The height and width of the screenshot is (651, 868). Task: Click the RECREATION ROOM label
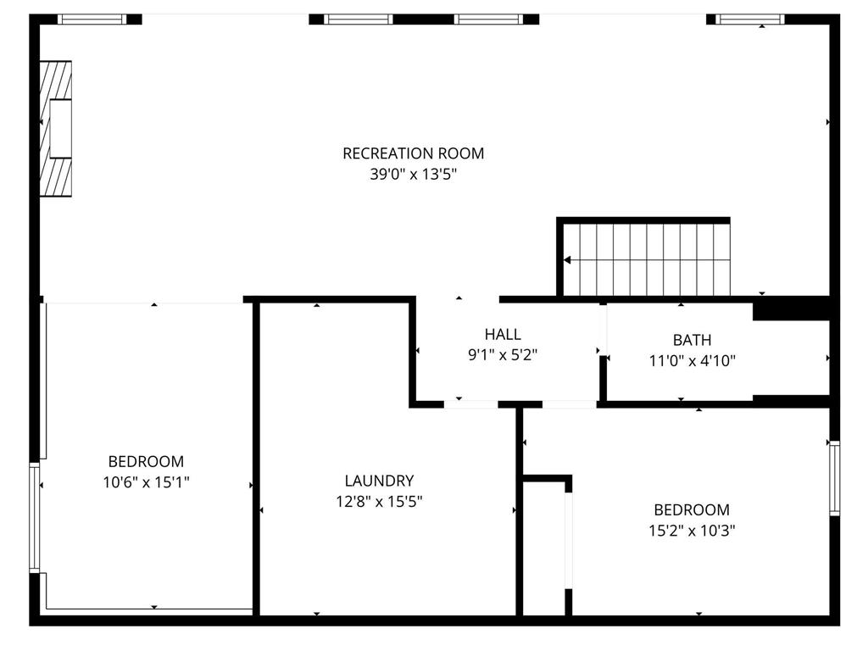click(413, 153)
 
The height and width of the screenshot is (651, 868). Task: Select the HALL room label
click(503, 335)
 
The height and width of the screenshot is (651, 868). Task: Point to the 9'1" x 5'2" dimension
click(503, 356)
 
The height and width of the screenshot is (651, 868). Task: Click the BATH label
click(692, 340)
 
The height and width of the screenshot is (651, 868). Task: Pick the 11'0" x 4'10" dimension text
click(692, 361)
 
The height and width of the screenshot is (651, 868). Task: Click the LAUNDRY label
click(379, 481)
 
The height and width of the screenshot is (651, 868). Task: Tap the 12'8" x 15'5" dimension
click(379, 502)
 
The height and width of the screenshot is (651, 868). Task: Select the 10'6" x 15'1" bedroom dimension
click(146, 482)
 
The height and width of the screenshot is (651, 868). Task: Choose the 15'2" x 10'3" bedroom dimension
click(691, 531)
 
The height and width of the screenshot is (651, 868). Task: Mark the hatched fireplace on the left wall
click(56, 129)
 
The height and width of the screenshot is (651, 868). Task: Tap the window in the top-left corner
click(92, 19)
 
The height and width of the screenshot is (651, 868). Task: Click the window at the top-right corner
click(750, 19)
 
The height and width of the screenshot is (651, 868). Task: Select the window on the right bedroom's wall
click(834, 478)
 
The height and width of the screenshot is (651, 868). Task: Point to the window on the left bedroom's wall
click(35, 517)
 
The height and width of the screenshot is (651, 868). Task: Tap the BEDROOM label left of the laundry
click(146, 462)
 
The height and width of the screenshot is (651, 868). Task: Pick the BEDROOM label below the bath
click(691, 510)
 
